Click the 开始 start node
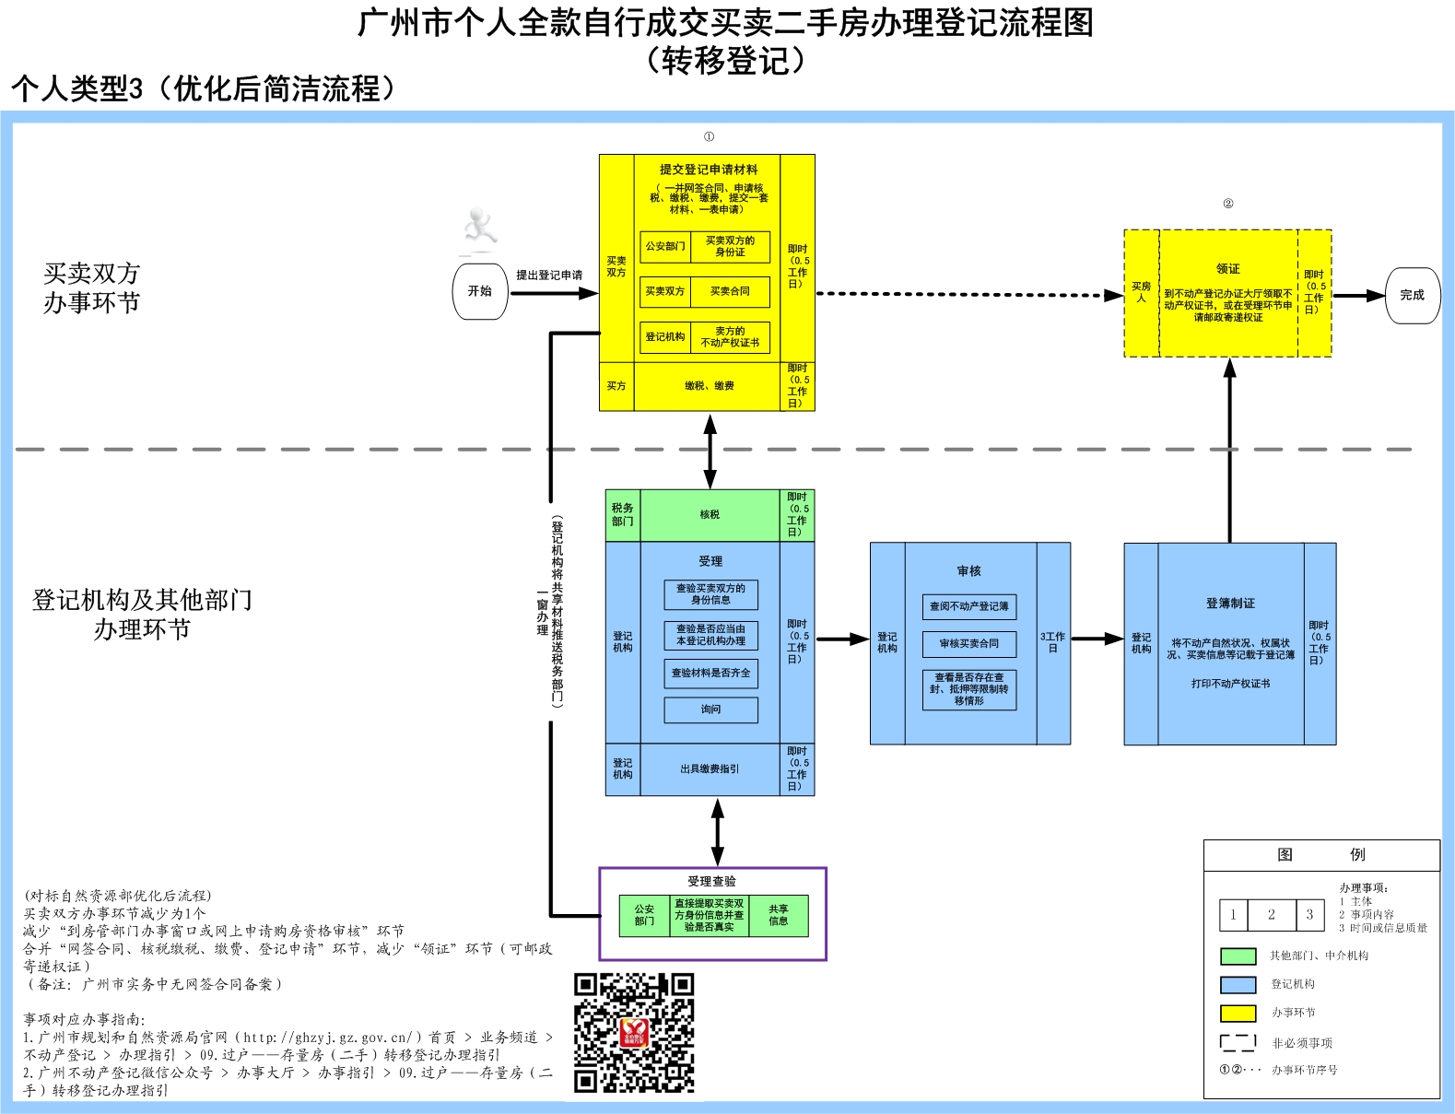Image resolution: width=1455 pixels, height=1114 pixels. pos(480,291)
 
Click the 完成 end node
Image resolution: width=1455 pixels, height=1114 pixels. pos(1412,295)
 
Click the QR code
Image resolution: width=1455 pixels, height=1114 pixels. pos(634,1032)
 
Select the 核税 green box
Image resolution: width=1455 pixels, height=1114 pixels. pos(710,515)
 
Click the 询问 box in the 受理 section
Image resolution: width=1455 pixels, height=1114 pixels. pos(710,709)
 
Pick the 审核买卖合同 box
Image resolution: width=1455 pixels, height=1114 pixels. pos(969,643)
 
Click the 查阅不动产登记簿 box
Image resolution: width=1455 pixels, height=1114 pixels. pos(969,606)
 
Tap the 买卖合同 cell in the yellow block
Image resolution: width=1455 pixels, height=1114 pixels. pos(730,291)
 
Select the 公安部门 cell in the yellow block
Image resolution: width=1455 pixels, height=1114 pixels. pos(665,246)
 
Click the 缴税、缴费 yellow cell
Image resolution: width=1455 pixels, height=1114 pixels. pos(710,386)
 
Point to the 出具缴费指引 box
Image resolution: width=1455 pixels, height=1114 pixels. pos(710,768)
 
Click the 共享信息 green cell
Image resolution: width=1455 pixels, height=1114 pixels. pos(779,915)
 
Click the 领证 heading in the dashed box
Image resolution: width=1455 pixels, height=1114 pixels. pos(1228,269)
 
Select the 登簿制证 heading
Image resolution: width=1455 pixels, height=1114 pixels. pos(1230,604)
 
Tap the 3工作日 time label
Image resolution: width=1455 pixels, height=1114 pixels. pos(1052,642)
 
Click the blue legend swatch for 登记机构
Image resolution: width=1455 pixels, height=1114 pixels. pos(1238,984)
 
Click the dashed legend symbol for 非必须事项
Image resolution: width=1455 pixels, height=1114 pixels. pos(1238,1042)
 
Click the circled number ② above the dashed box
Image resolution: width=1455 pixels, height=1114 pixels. pos(1228,204)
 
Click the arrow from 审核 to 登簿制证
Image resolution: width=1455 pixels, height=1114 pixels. pos(1097,639)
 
